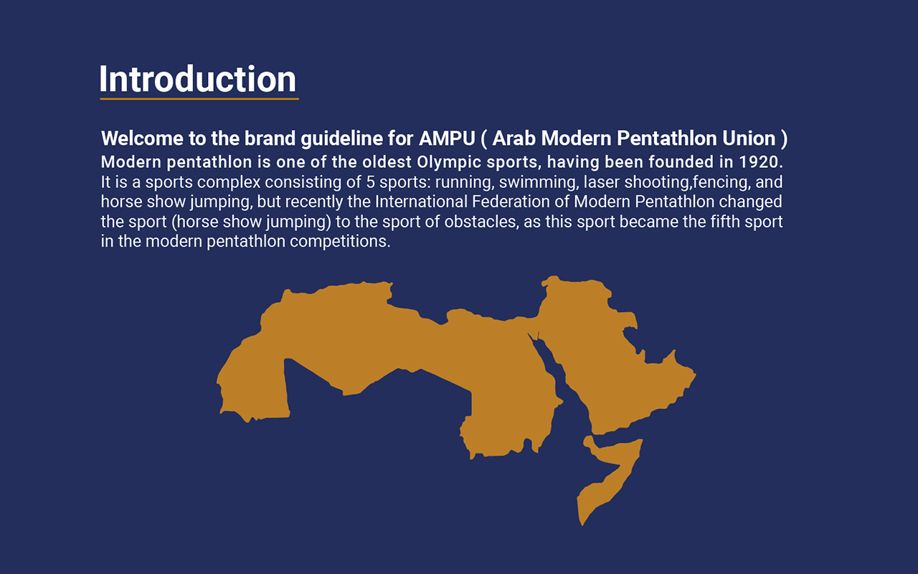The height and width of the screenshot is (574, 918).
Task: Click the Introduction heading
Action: click(x=197, y=79)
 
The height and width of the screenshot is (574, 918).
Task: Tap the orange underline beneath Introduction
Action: click(x=199, y=99)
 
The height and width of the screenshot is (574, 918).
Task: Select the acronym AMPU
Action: click(x=447, y=138)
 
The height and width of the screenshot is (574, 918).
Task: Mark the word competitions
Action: click(x=340, y=242)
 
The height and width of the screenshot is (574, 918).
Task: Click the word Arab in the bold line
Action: click(x=514, y=138)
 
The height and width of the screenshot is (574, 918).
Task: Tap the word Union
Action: click(x=749, y=138)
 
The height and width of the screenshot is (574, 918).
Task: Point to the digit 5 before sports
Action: click(x=371, y=182)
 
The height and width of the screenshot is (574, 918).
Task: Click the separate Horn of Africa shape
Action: click(x=610, y=476)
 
